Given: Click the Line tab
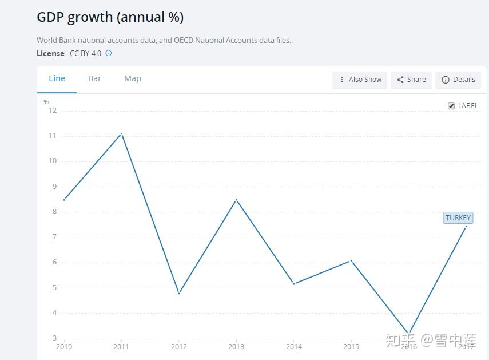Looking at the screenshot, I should pyautogui.click(x=57, y=79).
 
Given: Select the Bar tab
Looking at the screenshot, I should pyautogui.click(x=94, y=79).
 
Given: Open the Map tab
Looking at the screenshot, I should pyautogui.click(x=133, y=79).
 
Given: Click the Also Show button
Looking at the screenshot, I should pyautogui.click(x=360, y=80).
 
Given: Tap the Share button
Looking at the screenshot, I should pyautogui.click(x=411, y=80).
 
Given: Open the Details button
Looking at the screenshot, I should pyautogui.click(x=458, y=80).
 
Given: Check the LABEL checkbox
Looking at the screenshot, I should pyautogui.click(x=451, y=106).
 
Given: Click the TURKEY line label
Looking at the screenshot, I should pyautogui.click(x=458, y=218).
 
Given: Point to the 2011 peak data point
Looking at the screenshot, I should pyautogui.click(x=121, y=133).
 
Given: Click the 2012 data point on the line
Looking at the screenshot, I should pyautogui.click(x=179, y=293).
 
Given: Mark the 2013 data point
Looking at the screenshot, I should pyautogui.click(x=236, y=200).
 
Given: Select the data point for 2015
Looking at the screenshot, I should pyautogui.click(x=351, y=260).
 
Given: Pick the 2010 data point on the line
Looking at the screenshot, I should pyautogui.click(x=64, y=200).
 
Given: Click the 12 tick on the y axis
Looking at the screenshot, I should pyautogui.click(x=53, y=110).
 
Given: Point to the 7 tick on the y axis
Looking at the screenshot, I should pyautogui.click(x=54, y=237).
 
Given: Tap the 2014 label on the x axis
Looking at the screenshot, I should pyautogui.click(x=294, y=347).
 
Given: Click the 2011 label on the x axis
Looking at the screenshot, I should pyautogui.click(x=121, y=347).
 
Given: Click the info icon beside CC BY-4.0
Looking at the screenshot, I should pyautogui.click(x=109, y=53).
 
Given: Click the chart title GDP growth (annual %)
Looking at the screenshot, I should pyautogui.click(x=110, y=17).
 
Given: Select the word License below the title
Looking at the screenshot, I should pyautogui.click(x=50, y=53).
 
